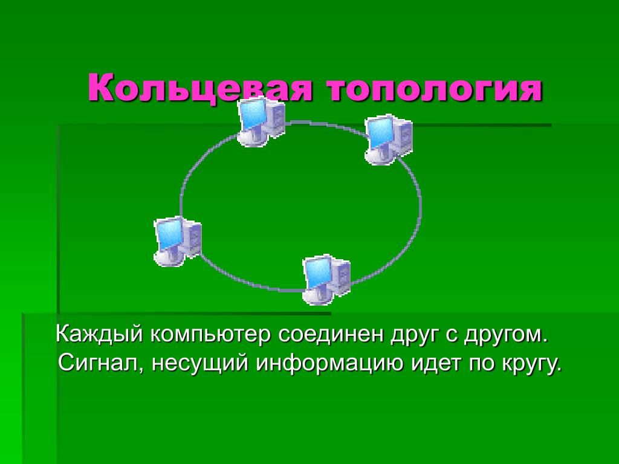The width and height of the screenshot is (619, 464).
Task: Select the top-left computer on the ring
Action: (261, 122)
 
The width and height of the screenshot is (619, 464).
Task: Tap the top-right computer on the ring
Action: (389, 140)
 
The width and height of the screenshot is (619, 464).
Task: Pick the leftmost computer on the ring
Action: (178, 242)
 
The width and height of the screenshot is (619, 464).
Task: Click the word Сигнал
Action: (100, 363)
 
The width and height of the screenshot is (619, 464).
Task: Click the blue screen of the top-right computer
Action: (380, 132)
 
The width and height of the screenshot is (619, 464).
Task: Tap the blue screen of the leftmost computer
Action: (169, 234)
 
